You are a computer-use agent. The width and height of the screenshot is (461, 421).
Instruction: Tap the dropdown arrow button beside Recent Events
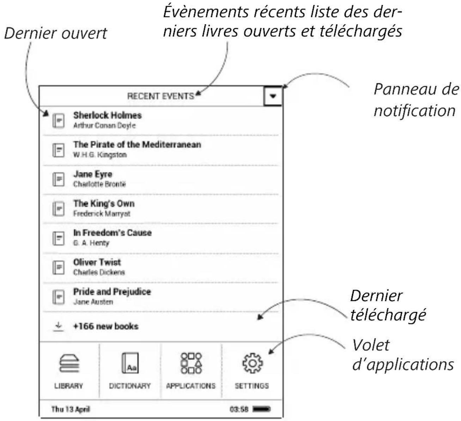[x=273, y=96]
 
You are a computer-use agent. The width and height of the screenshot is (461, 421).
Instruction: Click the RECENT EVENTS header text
[x=160, y=96]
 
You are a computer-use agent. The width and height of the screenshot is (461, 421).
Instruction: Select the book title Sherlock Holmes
[x=107, y=115]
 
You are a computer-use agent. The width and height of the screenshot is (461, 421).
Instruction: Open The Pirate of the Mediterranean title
[x=137, y=144]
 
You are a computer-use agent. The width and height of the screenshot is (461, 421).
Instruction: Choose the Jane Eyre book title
[x=93, y=174]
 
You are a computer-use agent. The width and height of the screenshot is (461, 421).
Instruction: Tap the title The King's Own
[x=104, y=204]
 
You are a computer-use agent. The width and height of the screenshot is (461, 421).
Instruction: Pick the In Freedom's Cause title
[x=113, y=233]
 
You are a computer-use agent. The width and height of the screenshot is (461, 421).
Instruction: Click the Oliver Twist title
[x=97, y=262]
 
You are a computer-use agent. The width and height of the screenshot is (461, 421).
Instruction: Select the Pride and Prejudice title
[x=112, y=291]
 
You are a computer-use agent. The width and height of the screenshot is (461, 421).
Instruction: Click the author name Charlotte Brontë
[x=99, y=184]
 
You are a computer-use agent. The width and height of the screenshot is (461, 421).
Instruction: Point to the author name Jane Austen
[x=93, y=302]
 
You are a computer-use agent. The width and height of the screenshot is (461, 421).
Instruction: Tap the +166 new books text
[x=106, y=326]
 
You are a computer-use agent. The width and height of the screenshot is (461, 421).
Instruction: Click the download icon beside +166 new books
[x=58, y=326]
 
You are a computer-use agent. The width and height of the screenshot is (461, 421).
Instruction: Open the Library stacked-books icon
[x=69, y=363]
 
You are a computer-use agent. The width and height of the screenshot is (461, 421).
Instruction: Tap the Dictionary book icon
[x=130, y=363]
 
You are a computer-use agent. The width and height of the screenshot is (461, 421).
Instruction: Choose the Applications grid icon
[x=191, y=363]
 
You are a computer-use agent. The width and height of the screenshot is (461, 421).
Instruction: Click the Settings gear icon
[x=252, y=363]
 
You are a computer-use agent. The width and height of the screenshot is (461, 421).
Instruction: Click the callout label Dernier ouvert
[x=56, y=33]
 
